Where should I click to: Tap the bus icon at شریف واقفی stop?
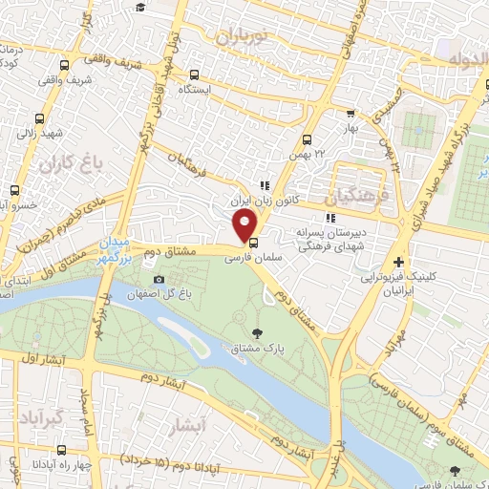(64, 66)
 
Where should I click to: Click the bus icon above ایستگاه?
(194, 74)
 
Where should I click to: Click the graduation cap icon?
(141, 8)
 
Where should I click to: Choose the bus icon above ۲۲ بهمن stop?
(308, 138)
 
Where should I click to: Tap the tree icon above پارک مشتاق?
(257, 332)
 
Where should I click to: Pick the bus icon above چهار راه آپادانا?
(62, 449)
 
